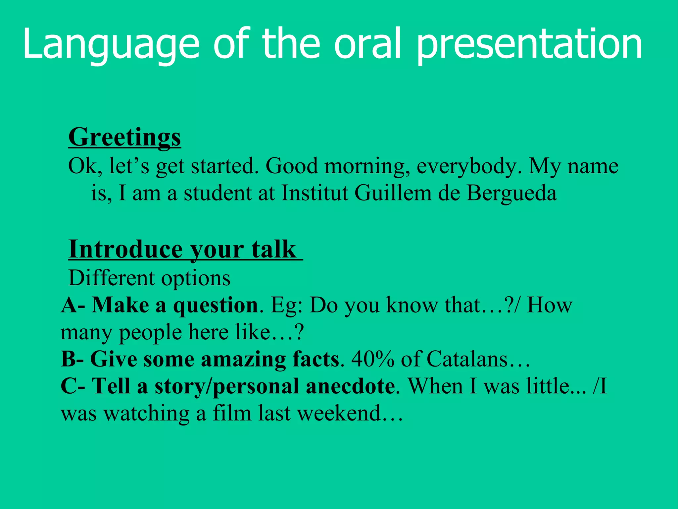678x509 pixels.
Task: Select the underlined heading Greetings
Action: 124,137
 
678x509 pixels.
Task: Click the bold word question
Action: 216,305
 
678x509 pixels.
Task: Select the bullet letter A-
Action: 73,305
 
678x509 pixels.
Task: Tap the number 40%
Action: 372,359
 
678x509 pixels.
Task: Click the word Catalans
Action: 467,359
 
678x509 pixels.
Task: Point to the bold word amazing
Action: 243,359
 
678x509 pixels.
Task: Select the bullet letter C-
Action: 73,386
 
